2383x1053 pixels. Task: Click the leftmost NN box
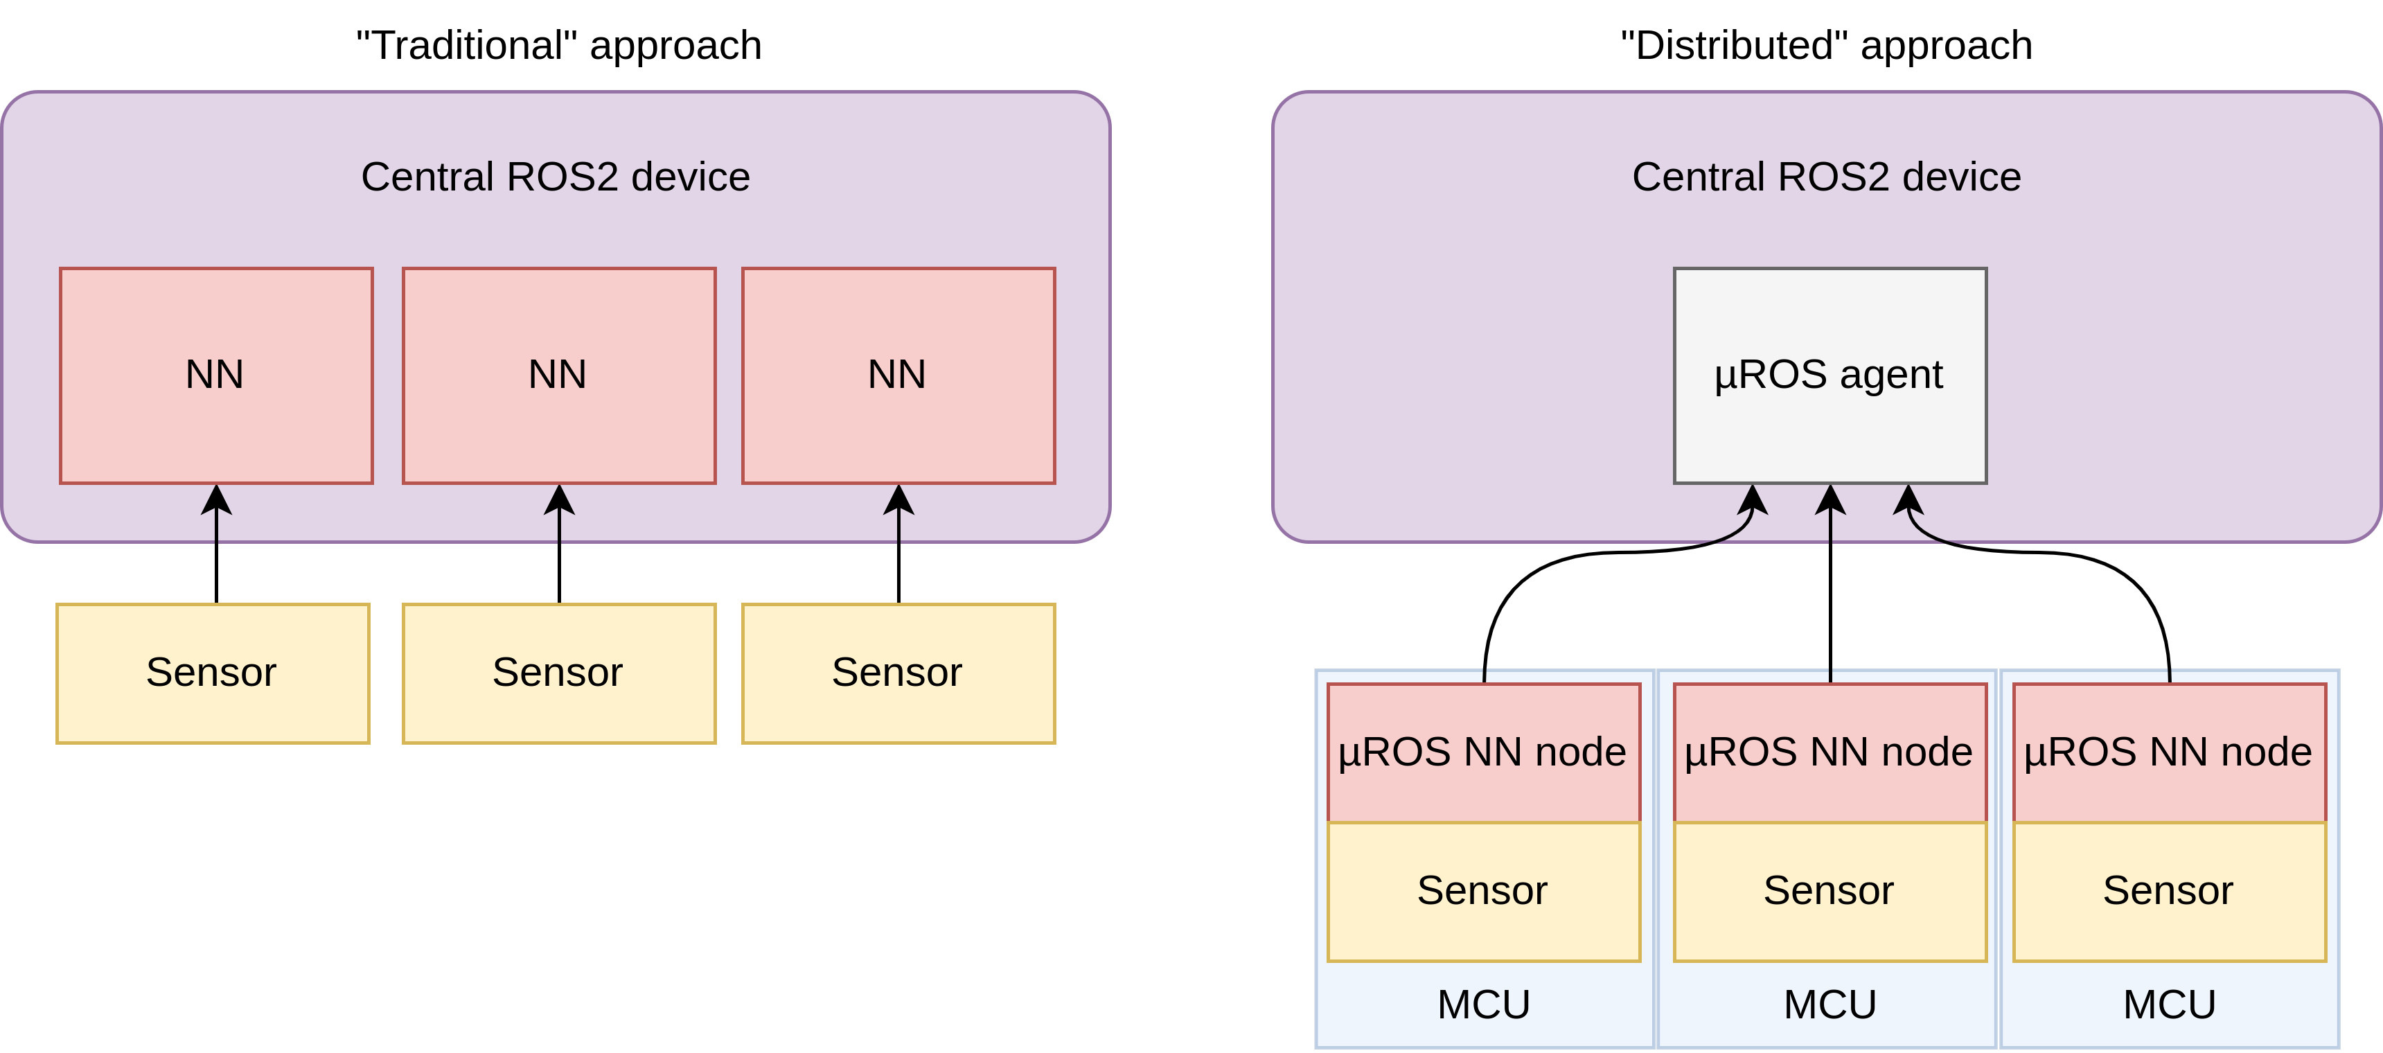point(216,375)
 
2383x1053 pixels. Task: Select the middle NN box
point(559,375)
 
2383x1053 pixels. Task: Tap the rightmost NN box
point(898,375)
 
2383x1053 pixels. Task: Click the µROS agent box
point(1830,375)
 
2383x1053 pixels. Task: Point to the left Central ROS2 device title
point(555,177)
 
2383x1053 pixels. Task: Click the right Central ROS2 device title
point(1826,177)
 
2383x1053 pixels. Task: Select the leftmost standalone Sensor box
point(213,673)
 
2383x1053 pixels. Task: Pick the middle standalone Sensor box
point(559,673)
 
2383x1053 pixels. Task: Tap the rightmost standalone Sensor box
point(898,673)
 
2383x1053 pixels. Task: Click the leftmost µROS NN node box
point(1483,752)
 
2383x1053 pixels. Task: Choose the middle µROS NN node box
point(1830,752)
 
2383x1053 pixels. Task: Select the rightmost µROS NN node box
point(2168,752)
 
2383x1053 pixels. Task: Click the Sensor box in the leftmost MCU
point(1483,891)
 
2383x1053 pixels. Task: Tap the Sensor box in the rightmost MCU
point(2168,891)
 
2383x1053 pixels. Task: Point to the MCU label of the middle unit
point(1830,1005)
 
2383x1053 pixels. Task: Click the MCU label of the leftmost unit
point(1483,1005)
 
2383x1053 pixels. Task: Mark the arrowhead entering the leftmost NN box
point(216,499)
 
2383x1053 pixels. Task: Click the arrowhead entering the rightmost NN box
point(898,499)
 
